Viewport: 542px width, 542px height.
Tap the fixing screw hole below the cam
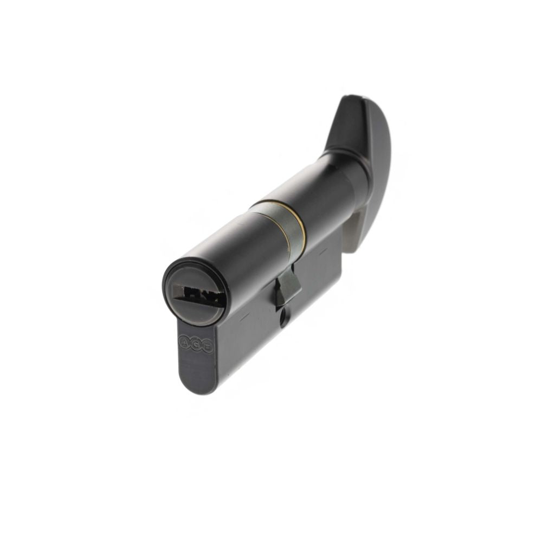tap(283, 319)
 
